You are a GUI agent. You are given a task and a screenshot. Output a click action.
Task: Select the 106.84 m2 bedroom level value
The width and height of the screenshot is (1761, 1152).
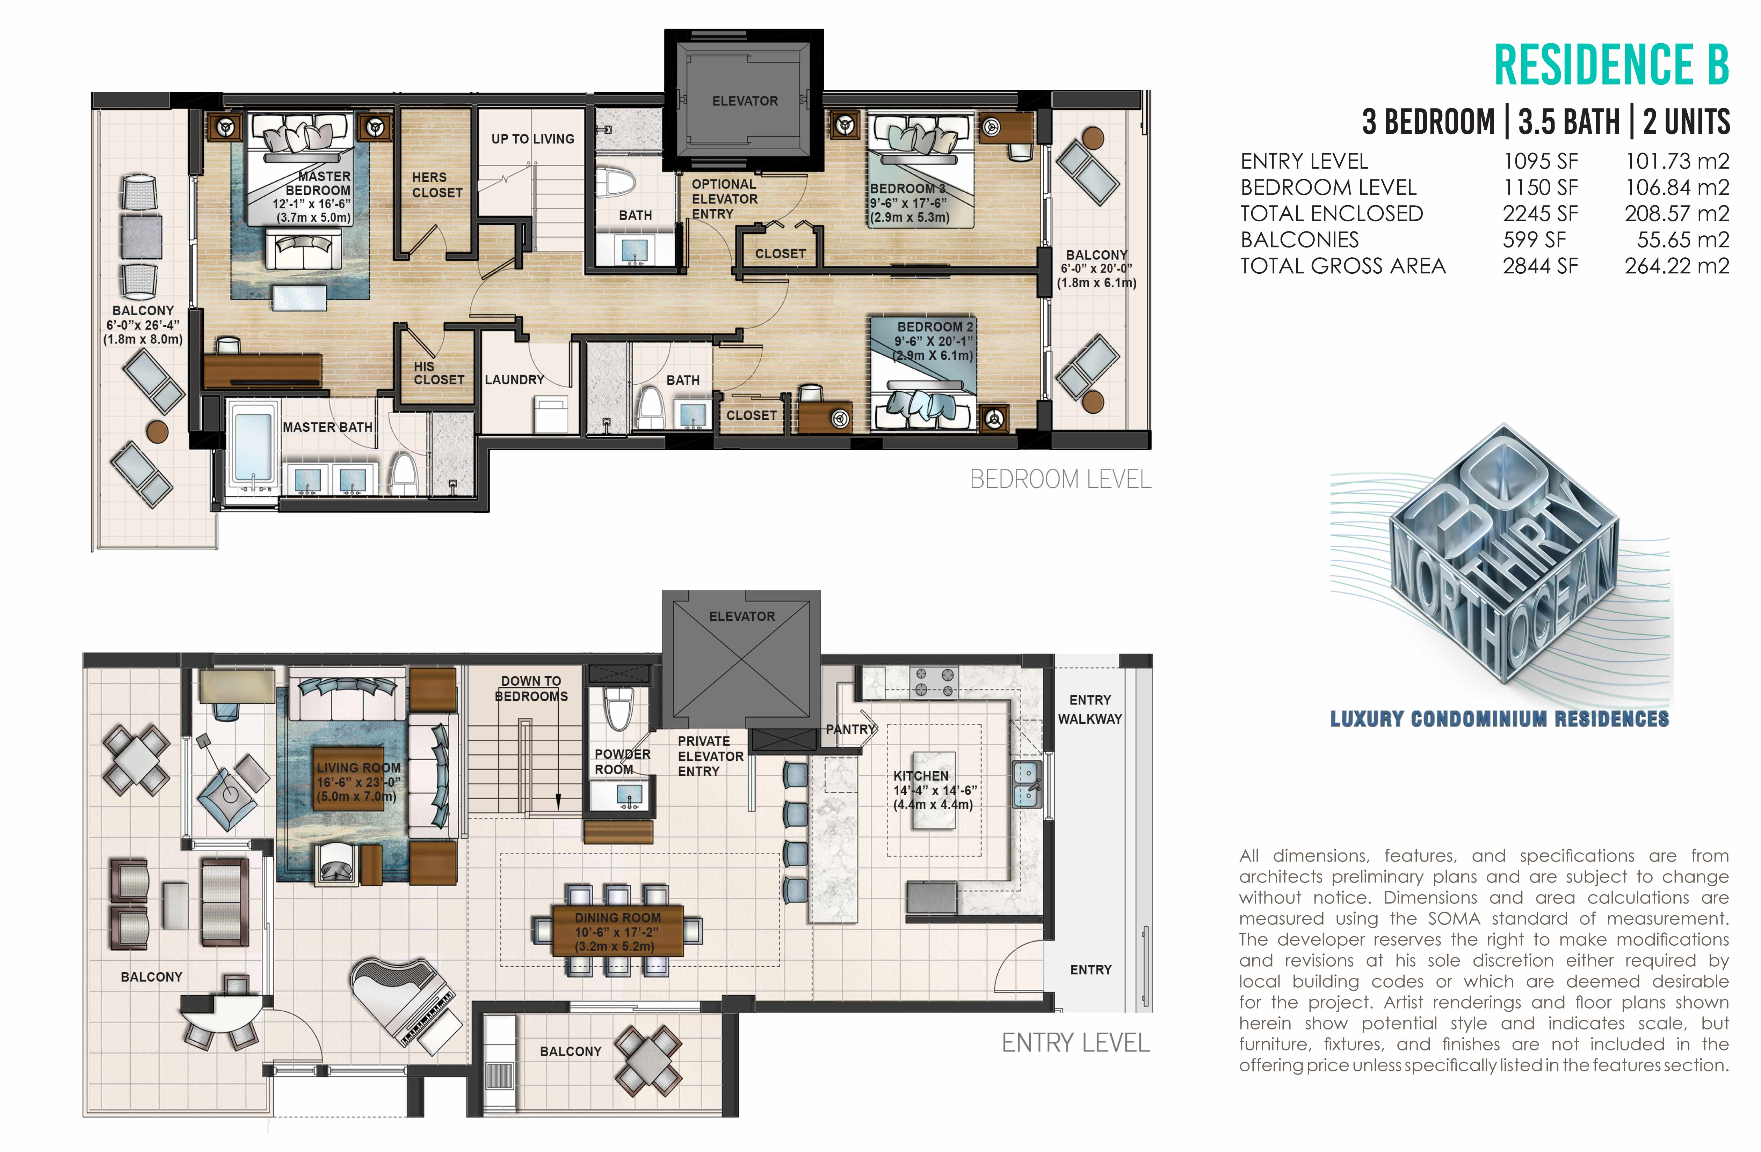(x=1677, y=187)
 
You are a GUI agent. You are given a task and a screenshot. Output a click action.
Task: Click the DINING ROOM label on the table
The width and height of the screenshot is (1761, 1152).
(x=618, y=918)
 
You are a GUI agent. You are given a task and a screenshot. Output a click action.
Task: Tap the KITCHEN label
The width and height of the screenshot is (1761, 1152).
(x=920, y=776)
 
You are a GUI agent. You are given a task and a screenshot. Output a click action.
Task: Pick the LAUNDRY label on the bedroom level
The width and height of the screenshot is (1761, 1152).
(x=514, y=379)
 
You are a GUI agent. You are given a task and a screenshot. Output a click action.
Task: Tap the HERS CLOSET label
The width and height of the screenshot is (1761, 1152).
(x=437, y=185)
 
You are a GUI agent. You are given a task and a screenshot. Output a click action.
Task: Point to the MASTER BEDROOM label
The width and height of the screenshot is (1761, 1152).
(x=320, y=183)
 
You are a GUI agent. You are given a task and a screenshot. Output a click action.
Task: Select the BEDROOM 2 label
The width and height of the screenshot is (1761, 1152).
(x=935, y=326)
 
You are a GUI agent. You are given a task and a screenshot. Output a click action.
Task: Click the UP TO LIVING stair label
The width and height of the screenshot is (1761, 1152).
(x=533, y=139)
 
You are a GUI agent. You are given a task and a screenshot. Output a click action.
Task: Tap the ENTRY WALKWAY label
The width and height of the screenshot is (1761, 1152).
(x=1090, y=709)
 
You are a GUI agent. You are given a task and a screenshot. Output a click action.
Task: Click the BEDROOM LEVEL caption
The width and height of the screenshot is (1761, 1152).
(x=1060, y=480)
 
